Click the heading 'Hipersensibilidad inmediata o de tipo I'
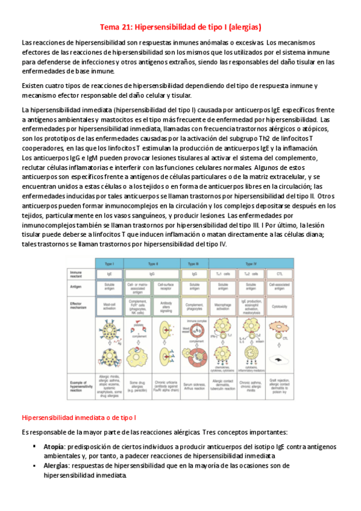(79, 417)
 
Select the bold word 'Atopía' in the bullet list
(54, 447)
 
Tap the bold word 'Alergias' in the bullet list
(55, 466)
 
